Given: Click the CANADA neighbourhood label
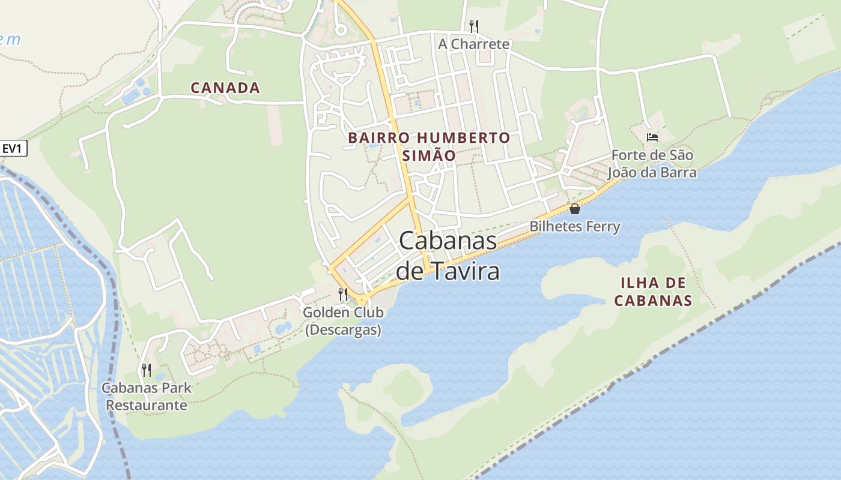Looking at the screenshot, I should point(225,88).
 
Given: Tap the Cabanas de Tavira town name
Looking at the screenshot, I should point(448,256).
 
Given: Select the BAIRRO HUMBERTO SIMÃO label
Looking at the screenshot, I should point(429,146).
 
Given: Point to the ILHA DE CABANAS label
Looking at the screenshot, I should point(654,292).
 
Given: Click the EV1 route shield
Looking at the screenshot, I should point(14,148).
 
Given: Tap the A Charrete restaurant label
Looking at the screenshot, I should point(473,44).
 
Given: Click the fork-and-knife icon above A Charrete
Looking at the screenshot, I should point(474,26).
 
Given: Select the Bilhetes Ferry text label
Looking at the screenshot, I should point(574,226).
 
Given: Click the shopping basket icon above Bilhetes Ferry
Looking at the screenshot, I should point(575,209).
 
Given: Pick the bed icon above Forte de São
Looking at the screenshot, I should point(652,137).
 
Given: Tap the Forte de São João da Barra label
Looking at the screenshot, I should point(652,164).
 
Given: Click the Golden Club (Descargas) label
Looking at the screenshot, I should point(343,321).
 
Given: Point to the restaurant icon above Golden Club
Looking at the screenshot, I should point(343,294).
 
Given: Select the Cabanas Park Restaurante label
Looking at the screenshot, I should point(147,396).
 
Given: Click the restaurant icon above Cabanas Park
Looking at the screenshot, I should point(146,370).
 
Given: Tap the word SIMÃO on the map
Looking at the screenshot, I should point(429,155).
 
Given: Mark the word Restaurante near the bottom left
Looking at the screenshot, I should point(147,405).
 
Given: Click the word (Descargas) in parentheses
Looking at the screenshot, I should point(343,330).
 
